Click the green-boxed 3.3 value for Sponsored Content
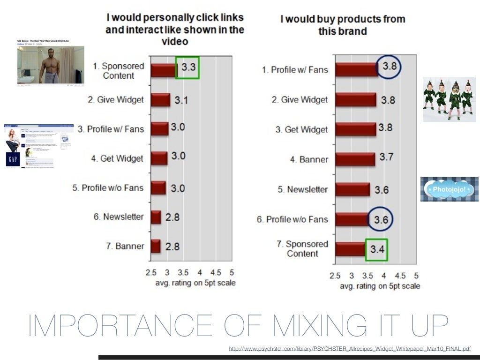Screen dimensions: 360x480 [x=187, y=67]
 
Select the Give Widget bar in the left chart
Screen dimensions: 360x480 [x=160, y=100]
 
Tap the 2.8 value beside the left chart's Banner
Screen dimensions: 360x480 [x=172, y=246]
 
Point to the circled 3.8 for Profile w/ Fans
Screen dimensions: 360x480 [x=389, y=67]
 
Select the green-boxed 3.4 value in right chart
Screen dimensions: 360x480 [x=376, y=249]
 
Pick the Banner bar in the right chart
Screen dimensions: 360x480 [x=355, y=159]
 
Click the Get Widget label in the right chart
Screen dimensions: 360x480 [x=301, y=129]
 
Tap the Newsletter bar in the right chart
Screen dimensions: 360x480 [x=352, y=189]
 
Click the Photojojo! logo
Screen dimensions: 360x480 [x=449, y=189]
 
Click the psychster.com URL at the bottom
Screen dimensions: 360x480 [x=349, y=349]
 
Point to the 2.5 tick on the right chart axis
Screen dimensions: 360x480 [x=335, y=276]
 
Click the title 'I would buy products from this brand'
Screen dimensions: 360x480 [x=342, y=25]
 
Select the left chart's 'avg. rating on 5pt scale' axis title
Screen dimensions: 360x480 [x=195, y=283]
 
